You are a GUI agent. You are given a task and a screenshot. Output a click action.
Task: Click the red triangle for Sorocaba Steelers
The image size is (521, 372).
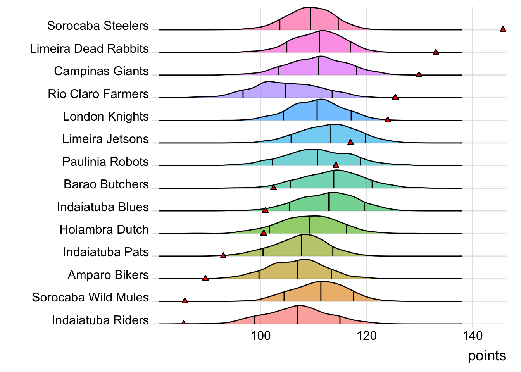[503, 29]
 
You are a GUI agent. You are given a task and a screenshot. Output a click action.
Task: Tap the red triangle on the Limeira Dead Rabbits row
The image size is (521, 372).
[436, 52]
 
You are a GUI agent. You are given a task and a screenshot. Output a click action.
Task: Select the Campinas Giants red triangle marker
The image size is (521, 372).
[419, 74]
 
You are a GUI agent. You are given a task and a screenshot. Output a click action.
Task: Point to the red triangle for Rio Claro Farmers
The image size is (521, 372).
[395, 97]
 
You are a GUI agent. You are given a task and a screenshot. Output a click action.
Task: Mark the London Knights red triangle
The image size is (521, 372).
[388, 120]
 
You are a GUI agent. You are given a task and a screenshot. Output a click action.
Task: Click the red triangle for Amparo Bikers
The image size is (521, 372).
[205, 278]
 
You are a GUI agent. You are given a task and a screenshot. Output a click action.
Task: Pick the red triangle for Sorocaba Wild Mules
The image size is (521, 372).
[185, 301]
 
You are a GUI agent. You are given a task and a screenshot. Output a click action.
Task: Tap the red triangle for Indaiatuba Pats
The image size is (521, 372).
[223, 255]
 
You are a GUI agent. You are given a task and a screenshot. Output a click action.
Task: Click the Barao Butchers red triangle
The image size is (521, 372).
[274, 188]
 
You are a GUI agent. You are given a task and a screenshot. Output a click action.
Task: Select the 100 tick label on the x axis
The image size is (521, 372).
[260, 336]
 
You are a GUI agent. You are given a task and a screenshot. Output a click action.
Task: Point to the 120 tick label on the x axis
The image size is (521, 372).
[367, 336]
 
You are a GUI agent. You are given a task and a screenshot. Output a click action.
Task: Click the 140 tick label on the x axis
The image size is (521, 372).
[473, 336]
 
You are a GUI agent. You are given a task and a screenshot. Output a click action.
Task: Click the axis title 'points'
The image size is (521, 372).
[487, 356]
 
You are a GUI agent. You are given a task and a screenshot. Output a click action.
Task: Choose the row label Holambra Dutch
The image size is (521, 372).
[104, 230]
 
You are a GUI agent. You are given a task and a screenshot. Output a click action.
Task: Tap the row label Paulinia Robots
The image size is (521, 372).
[105, 162]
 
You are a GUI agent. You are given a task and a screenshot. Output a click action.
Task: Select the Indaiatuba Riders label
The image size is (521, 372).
[100, 320]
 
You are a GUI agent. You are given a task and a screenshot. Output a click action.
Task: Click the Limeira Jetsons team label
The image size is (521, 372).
[105, 139]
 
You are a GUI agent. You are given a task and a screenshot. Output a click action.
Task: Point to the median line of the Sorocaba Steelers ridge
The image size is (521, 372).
[310, 19]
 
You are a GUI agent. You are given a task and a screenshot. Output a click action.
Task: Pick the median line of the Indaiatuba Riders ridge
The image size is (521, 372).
[297, 315]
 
